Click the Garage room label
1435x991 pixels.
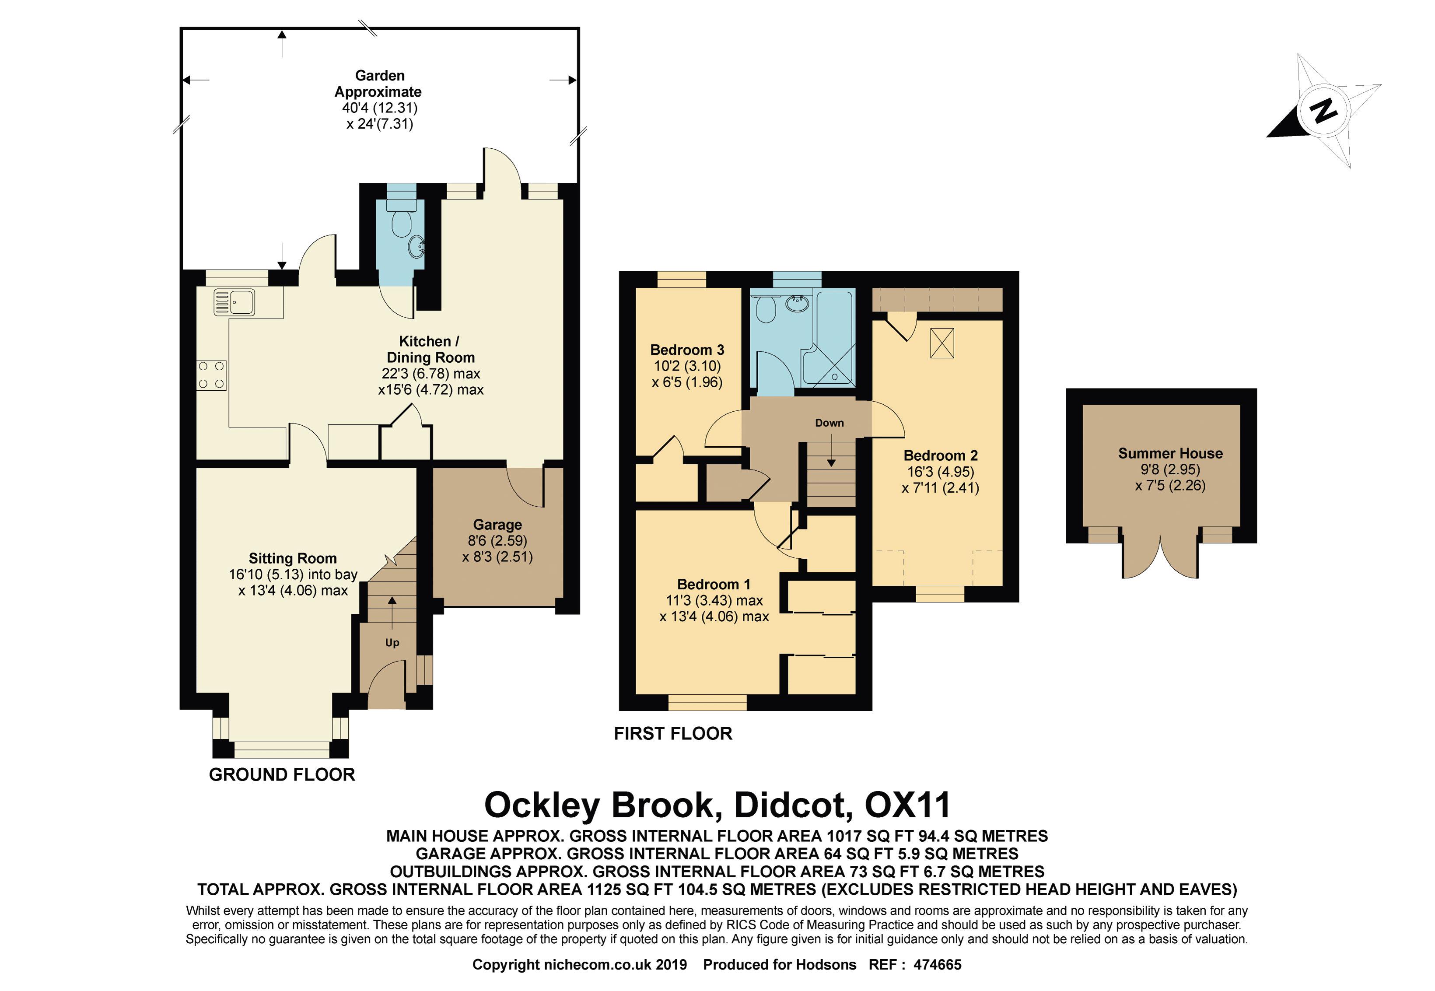pyautogui.click(x=497, y=525)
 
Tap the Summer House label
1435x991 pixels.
pyautogui.click(x=1170, y=453)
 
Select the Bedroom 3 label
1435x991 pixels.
pyautogui.click(x=687, y=350)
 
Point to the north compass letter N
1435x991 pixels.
pyautogui.click(x=1323, y=111)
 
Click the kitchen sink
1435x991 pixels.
pyautogui.click(x=234, y=302)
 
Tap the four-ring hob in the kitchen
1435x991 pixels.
pyautogui.click(x=212, y=376)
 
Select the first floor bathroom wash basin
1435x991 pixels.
pyautogui.click(x=797, y=304)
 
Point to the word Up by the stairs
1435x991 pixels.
pyautogui.click(x=392, y=643)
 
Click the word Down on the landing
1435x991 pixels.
pyautogui.click(x=829, y=423)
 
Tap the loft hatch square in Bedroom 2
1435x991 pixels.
pyautogui.click(x=942, y=343)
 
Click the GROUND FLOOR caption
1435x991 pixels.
pyautogui.click(x=282, y=774)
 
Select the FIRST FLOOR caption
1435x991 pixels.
pyautogui.click(x=673, y=733)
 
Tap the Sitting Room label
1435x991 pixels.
pyautogui.click(x=292, y=558)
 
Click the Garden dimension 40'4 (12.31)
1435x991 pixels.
pyautogui.click(x=379, y=108)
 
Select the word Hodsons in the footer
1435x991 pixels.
pyautogui.click(x=826, y=964)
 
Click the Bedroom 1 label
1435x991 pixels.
pyautogui.click(x=714, y=584)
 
